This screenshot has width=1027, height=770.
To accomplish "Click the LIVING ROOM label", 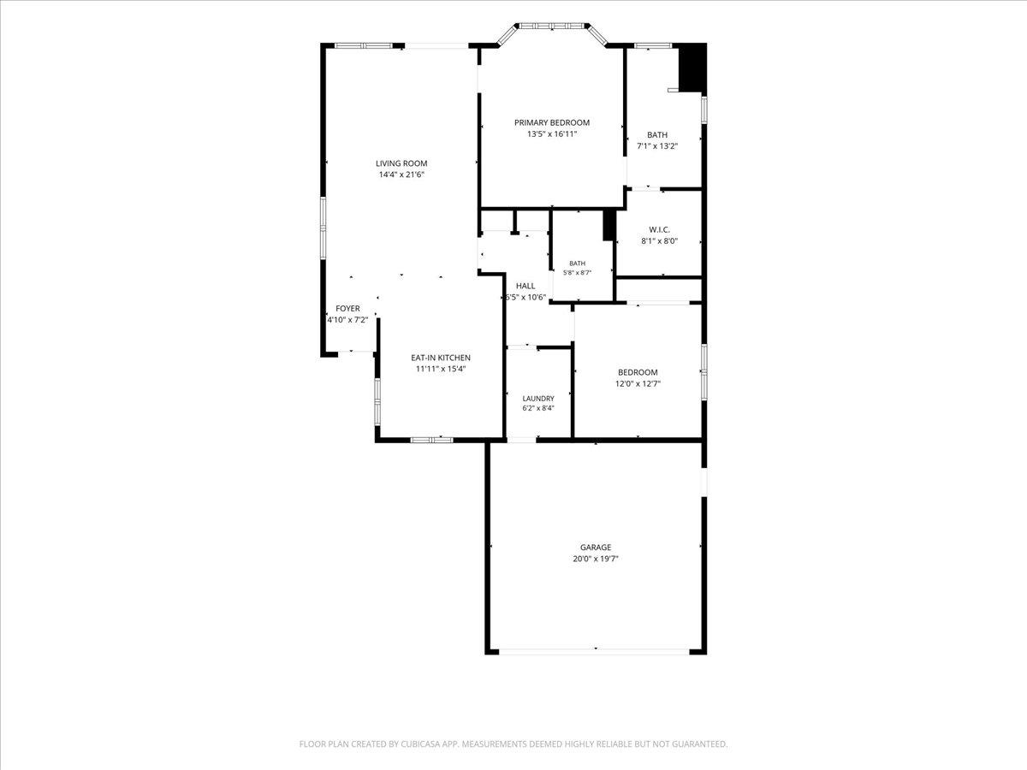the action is (x=401, y=163).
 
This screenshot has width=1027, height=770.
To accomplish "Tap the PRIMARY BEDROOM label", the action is (x=552, y=122).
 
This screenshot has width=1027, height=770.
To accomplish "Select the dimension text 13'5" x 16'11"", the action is (x=552, y=134).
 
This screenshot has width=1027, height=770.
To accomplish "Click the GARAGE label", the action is (x=596, y=547).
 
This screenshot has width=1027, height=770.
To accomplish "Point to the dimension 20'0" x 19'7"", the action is (x=596, y=559).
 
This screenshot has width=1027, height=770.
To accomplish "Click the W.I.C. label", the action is (x=659, y=229).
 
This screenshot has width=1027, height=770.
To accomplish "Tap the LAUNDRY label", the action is (x=538, y=399).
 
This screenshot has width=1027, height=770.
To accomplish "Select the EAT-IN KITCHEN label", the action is (x=441, y=358).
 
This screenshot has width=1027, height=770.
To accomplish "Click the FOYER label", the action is (x=347, y=309).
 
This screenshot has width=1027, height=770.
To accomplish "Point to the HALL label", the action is (x=525, y=286).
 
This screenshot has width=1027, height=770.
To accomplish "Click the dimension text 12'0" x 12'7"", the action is (x=638, y=384).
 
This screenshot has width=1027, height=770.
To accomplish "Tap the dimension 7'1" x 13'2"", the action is (x=657, y=145).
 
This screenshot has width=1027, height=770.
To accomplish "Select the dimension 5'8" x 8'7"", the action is (x=578, y=273).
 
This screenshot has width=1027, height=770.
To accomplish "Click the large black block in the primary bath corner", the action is (x=692, y=68).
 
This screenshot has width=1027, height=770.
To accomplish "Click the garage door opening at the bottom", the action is (x=594, y=651).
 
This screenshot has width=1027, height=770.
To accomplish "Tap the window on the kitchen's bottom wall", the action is (x=431, y=440).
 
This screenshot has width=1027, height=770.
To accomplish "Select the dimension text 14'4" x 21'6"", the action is (x=401, y=175).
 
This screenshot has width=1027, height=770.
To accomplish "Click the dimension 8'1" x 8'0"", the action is (x=659, y=241).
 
